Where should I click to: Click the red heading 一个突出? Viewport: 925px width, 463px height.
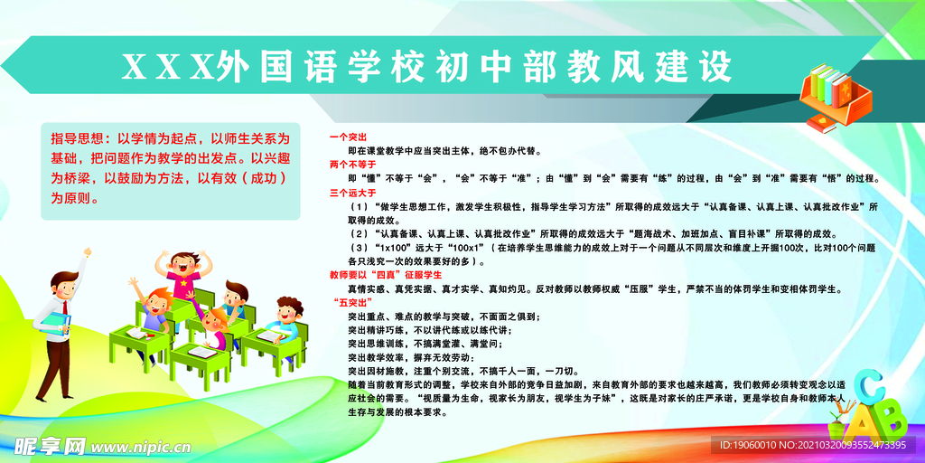click(x=348, y=137)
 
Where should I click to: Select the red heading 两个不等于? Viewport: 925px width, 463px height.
click(x=352, y=164)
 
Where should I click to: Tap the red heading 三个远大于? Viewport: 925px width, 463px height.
click(x=352, y=193)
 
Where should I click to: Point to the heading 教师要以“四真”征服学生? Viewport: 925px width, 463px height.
click(x=385, y=275)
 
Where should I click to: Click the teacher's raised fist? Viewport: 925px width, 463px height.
click(x=88, y=252)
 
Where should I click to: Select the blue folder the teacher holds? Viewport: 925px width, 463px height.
click(x=57, y=326)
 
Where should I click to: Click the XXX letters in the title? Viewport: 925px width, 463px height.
click(x=167, y=67)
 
